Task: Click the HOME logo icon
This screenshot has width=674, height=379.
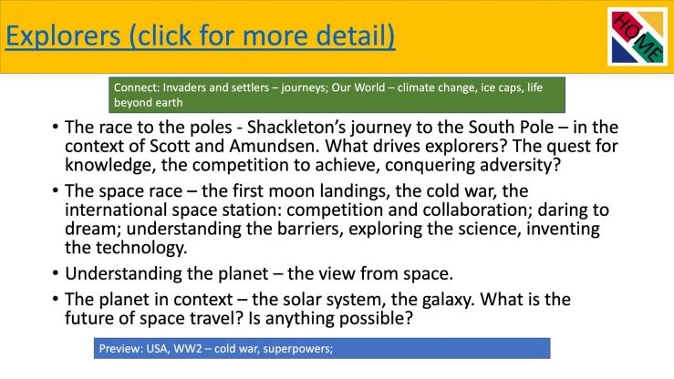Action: pos(638,37)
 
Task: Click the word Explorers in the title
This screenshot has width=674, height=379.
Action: pos(63,36)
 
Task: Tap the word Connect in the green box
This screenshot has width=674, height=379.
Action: pos(136,87)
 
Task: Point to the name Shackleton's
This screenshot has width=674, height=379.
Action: pos(296,127)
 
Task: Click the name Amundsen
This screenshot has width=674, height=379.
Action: pos(274,146)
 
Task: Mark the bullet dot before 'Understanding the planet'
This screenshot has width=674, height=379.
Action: pos(55,273)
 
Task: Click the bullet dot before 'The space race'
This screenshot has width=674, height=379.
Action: pos(55,190)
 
